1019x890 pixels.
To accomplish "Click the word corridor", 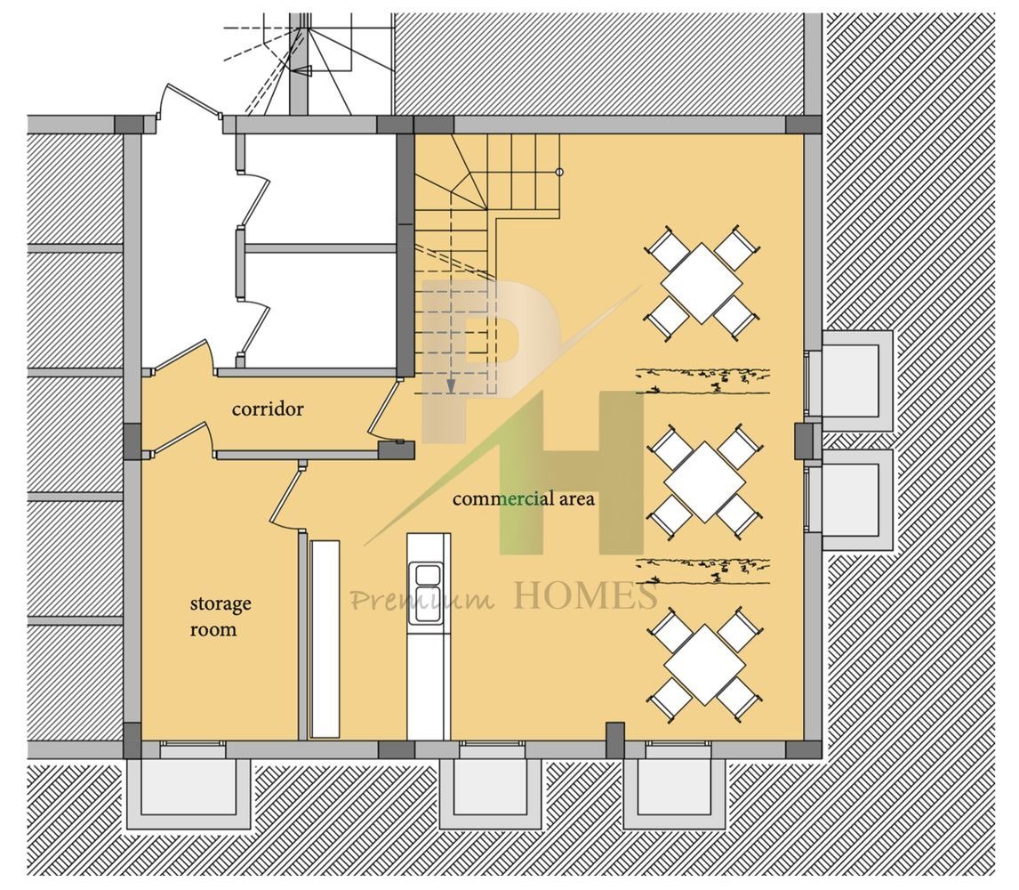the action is point(267,409).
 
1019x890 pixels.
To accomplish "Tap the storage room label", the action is point(221,616).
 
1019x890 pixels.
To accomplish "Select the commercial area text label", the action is point(523,499).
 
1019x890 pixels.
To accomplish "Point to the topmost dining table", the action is point(702,283).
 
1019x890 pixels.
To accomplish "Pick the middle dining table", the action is point(705,482).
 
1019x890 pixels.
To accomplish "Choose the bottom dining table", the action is point(705,664).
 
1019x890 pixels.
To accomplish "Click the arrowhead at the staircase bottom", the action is point(450,386).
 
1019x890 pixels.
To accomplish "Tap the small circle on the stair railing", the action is point(559,173).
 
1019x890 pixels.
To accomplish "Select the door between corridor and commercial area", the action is point(385,411).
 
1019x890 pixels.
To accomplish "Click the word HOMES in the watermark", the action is point(586,596).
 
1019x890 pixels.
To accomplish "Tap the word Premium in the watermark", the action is point(422,599).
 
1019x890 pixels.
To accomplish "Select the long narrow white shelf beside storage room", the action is point(325,639).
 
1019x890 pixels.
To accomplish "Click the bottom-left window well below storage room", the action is point(189,786).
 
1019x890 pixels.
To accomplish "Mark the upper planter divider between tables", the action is point(702,381).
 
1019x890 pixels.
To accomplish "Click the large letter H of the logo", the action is point(572,473).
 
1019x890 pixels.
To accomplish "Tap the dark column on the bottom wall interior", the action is point(614,740).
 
